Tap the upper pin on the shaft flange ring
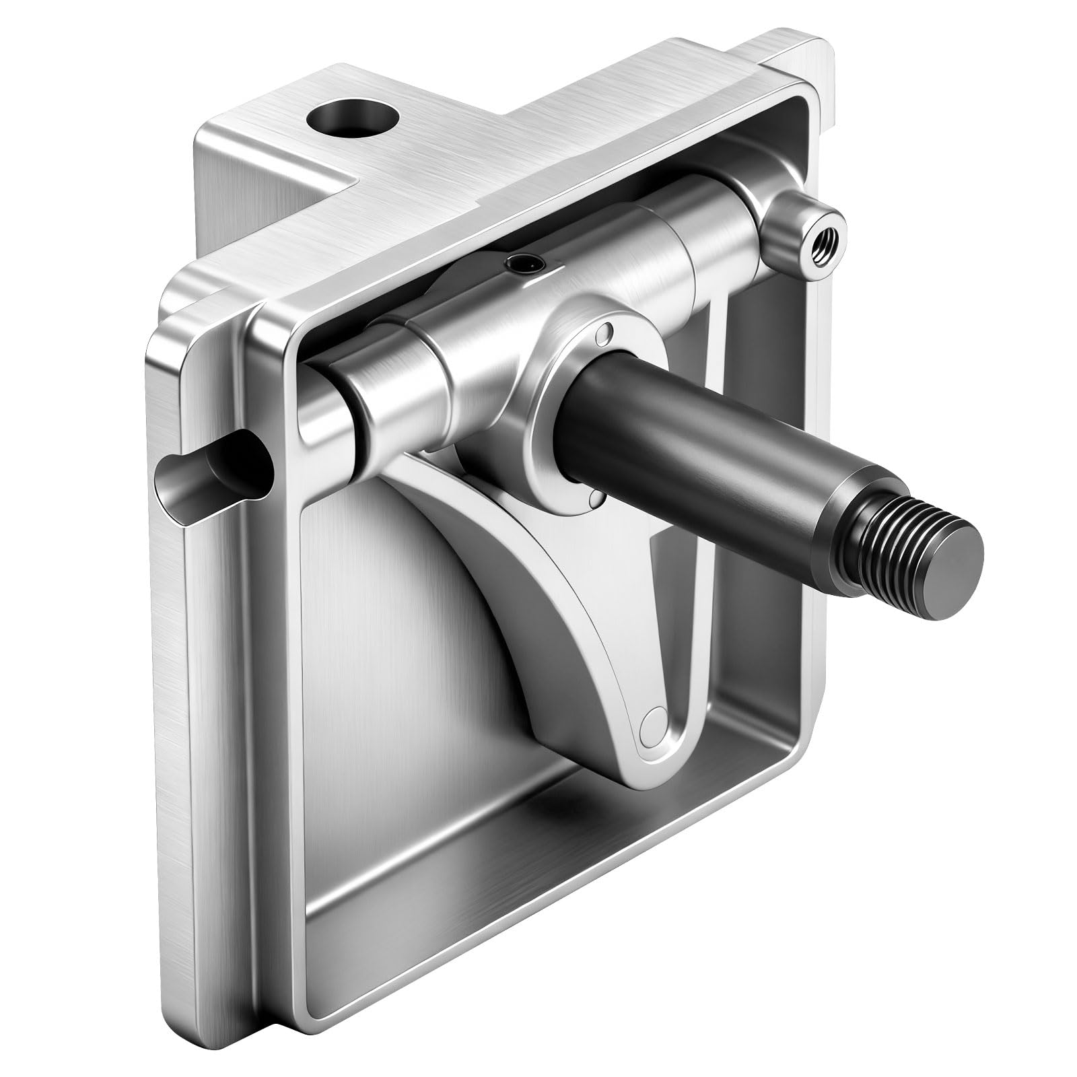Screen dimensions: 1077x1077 coord(608,332)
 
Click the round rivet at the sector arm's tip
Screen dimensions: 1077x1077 coord(652,724)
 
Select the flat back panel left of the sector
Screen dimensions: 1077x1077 coord(377,673)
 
